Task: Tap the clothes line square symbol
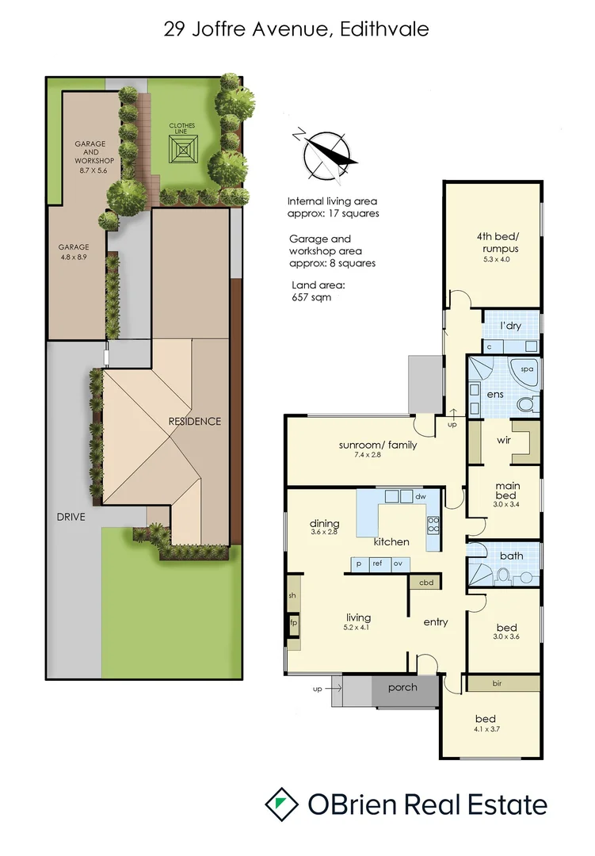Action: [184, 148]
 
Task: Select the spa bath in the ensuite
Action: [524, 370]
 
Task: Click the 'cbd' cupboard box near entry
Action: [425, 583]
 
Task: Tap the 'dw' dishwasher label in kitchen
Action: [420, 497]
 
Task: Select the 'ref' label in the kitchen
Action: [376, 564]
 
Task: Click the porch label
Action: [402, 687]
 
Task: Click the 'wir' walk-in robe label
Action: [503, 440]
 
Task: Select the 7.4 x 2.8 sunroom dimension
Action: [377, 455]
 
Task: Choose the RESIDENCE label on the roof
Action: [195, 421]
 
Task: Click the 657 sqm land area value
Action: [311, 298]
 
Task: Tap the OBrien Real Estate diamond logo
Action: [280, 804]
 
